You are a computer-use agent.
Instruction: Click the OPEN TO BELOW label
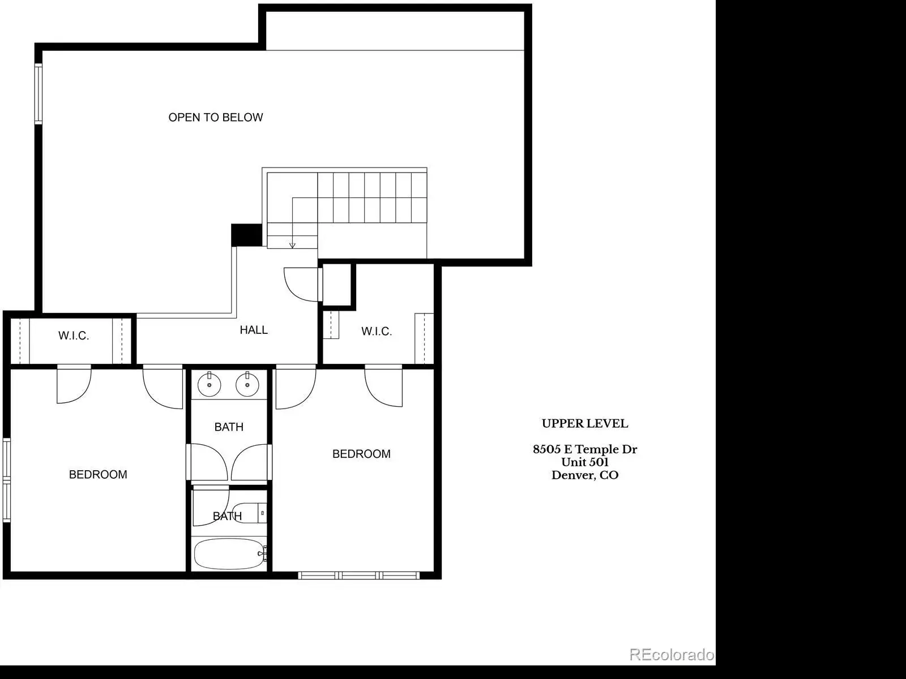[216, 118]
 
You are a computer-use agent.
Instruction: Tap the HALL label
[254, 330]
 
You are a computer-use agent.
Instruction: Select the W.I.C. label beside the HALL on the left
[74, 336]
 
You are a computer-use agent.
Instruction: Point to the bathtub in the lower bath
[230, 554]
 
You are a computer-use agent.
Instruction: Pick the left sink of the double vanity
[210, 384]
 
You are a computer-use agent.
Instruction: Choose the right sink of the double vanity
[247, 384]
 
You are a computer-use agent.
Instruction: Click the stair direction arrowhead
[292, 246]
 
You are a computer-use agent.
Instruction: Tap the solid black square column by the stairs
[246, 235]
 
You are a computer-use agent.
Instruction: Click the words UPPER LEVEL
[585, 423]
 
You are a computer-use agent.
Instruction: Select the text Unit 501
[585, 462]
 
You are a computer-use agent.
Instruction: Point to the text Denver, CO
[585, 475]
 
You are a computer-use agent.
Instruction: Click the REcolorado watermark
[672, 655]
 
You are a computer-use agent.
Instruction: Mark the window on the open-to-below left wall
[39, 93]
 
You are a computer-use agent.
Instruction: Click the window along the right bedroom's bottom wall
[358, 575]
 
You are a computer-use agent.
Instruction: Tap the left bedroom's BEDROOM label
[98, 475]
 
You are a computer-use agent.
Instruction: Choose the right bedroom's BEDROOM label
[361, 454]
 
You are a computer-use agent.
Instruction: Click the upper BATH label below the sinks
[229, 427]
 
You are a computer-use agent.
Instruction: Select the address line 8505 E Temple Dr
[585, 449]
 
